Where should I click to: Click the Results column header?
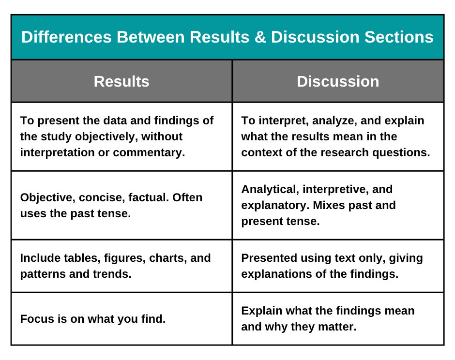click(121, 81)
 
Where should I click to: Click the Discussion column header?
click(338, 81)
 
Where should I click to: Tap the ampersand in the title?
click(259, 37)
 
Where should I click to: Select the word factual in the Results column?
click(148, 197)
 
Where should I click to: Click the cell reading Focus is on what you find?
click(93, 319)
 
